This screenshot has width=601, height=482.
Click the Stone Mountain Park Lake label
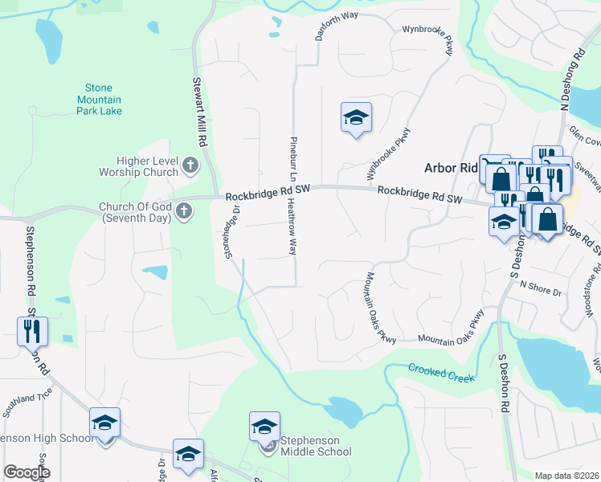pos(100,99)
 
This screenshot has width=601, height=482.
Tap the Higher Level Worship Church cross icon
pos(190,166)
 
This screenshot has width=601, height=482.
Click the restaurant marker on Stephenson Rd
pos(33,330)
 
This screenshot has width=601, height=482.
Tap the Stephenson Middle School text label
pos(315,446)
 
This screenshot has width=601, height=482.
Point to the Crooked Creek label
pos(442,373)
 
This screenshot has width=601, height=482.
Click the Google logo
pos(27,472)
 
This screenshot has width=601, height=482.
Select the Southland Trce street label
pos(27,404)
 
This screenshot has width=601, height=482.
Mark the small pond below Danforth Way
pos(274,35)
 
